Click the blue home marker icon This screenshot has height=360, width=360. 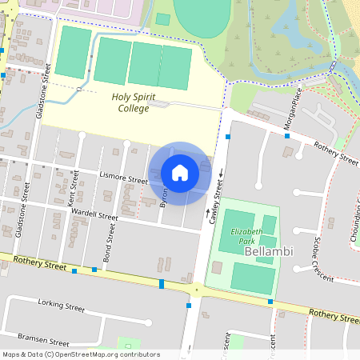180,173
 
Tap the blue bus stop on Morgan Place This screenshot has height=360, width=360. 287,136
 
